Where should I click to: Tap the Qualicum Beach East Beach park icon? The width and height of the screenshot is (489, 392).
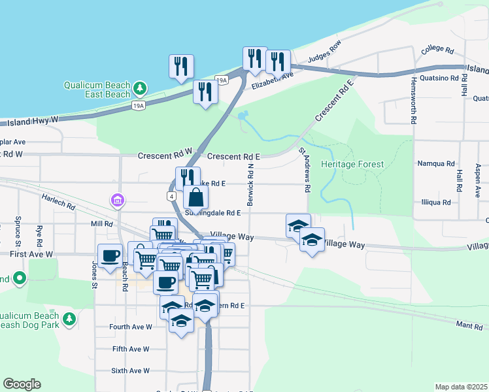click(x=139, y=88)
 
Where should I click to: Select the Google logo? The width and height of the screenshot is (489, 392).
click(x=22, y=384)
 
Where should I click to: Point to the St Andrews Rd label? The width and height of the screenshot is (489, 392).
click(x=304, y=169)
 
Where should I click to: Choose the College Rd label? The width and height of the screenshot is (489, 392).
click(x=437, y=50)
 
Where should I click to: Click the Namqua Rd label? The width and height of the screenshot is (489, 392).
click(x=436, y=163)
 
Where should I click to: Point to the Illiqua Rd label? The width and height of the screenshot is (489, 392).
click(x=436, y=203)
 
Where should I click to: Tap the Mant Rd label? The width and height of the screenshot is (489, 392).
click(x=469, y=325)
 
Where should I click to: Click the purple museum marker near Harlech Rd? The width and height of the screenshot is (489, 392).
click(x=117, y=199)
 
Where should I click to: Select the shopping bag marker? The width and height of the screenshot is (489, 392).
click(x=195, y=197)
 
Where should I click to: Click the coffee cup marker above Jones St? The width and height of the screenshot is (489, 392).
click(x=109, y=255)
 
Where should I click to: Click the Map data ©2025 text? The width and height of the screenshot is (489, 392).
click(x=460, y=387)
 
